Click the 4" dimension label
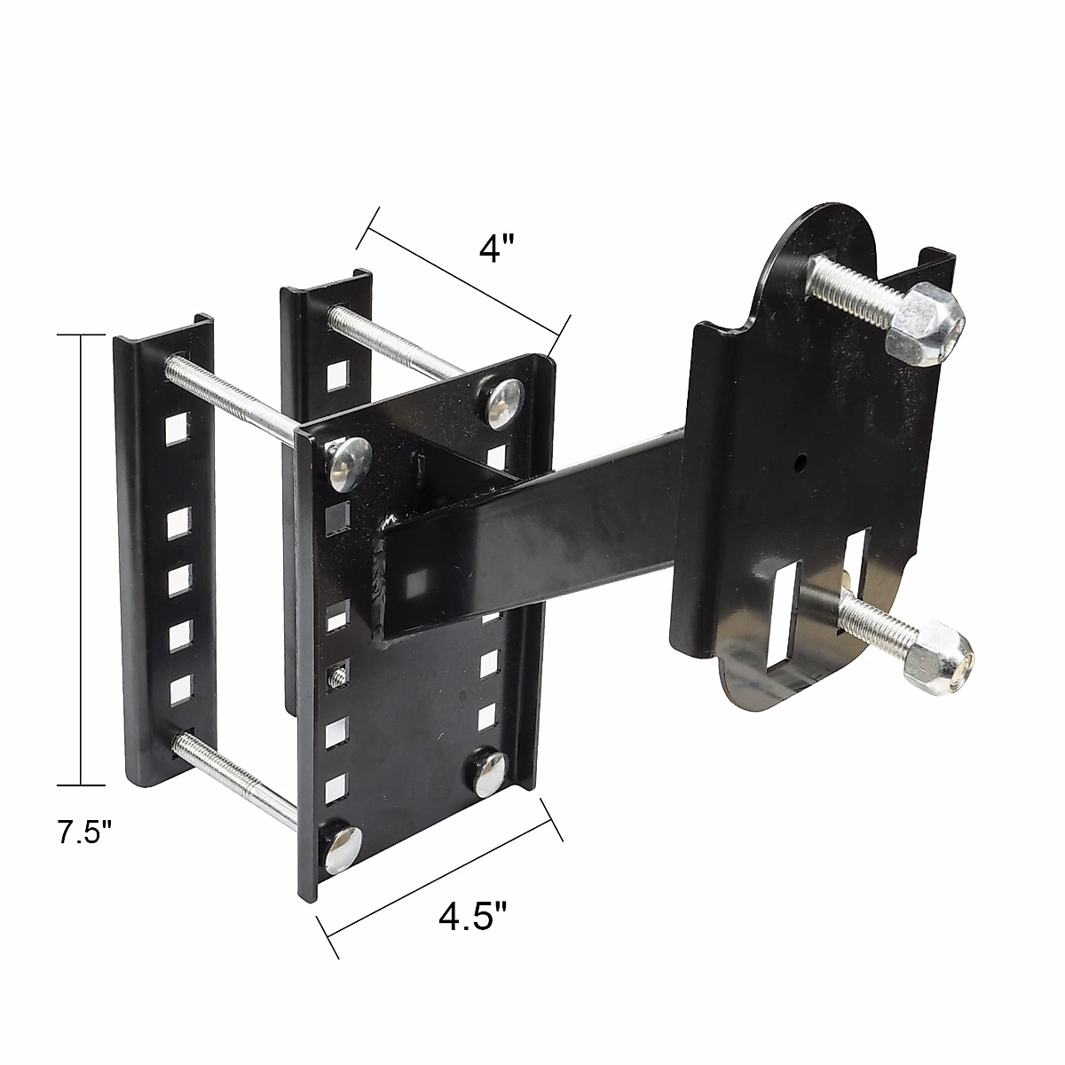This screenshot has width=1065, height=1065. (x=496, y=247)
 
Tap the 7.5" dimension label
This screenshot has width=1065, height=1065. (x=85, y=835)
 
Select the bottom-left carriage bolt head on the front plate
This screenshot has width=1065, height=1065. (x=340, y=848)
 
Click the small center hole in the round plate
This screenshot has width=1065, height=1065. (x=800, y=461)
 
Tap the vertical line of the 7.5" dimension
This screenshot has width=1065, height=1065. (x=82, y=559)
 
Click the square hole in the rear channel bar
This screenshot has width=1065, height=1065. (x=336, y=376)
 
